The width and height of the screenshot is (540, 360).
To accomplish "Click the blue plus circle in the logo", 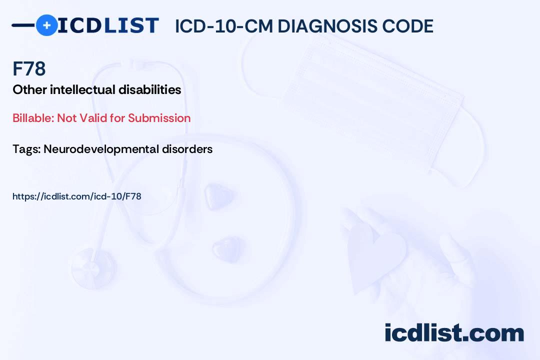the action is coord(46,25).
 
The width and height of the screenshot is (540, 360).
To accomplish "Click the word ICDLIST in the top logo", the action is coord(108,25).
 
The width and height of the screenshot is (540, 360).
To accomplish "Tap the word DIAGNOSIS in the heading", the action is coord(327,26).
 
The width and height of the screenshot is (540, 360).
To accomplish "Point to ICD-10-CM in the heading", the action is coord(224,26).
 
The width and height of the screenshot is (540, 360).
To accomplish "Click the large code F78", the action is coord(29,68).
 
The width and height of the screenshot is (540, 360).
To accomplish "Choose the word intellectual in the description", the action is coord(82,89).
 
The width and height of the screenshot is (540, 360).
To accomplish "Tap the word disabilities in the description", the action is coord(150,89).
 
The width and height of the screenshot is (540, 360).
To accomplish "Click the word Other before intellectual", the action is coord(29,89).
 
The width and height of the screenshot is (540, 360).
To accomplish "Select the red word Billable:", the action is coord(33,118).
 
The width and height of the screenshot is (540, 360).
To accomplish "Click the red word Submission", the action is coord(159,118).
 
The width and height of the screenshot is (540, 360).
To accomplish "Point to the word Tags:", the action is coord(27,149).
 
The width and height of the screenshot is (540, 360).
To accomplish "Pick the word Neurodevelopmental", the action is coord(101,149).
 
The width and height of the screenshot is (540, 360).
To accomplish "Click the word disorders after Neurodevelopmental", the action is coord(187,149).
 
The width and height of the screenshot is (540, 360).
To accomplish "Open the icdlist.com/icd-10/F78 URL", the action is coord(77,196).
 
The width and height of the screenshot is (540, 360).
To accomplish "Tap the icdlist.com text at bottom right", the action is coord(454,332).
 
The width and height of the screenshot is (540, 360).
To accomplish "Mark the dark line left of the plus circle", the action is coord(23,25).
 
